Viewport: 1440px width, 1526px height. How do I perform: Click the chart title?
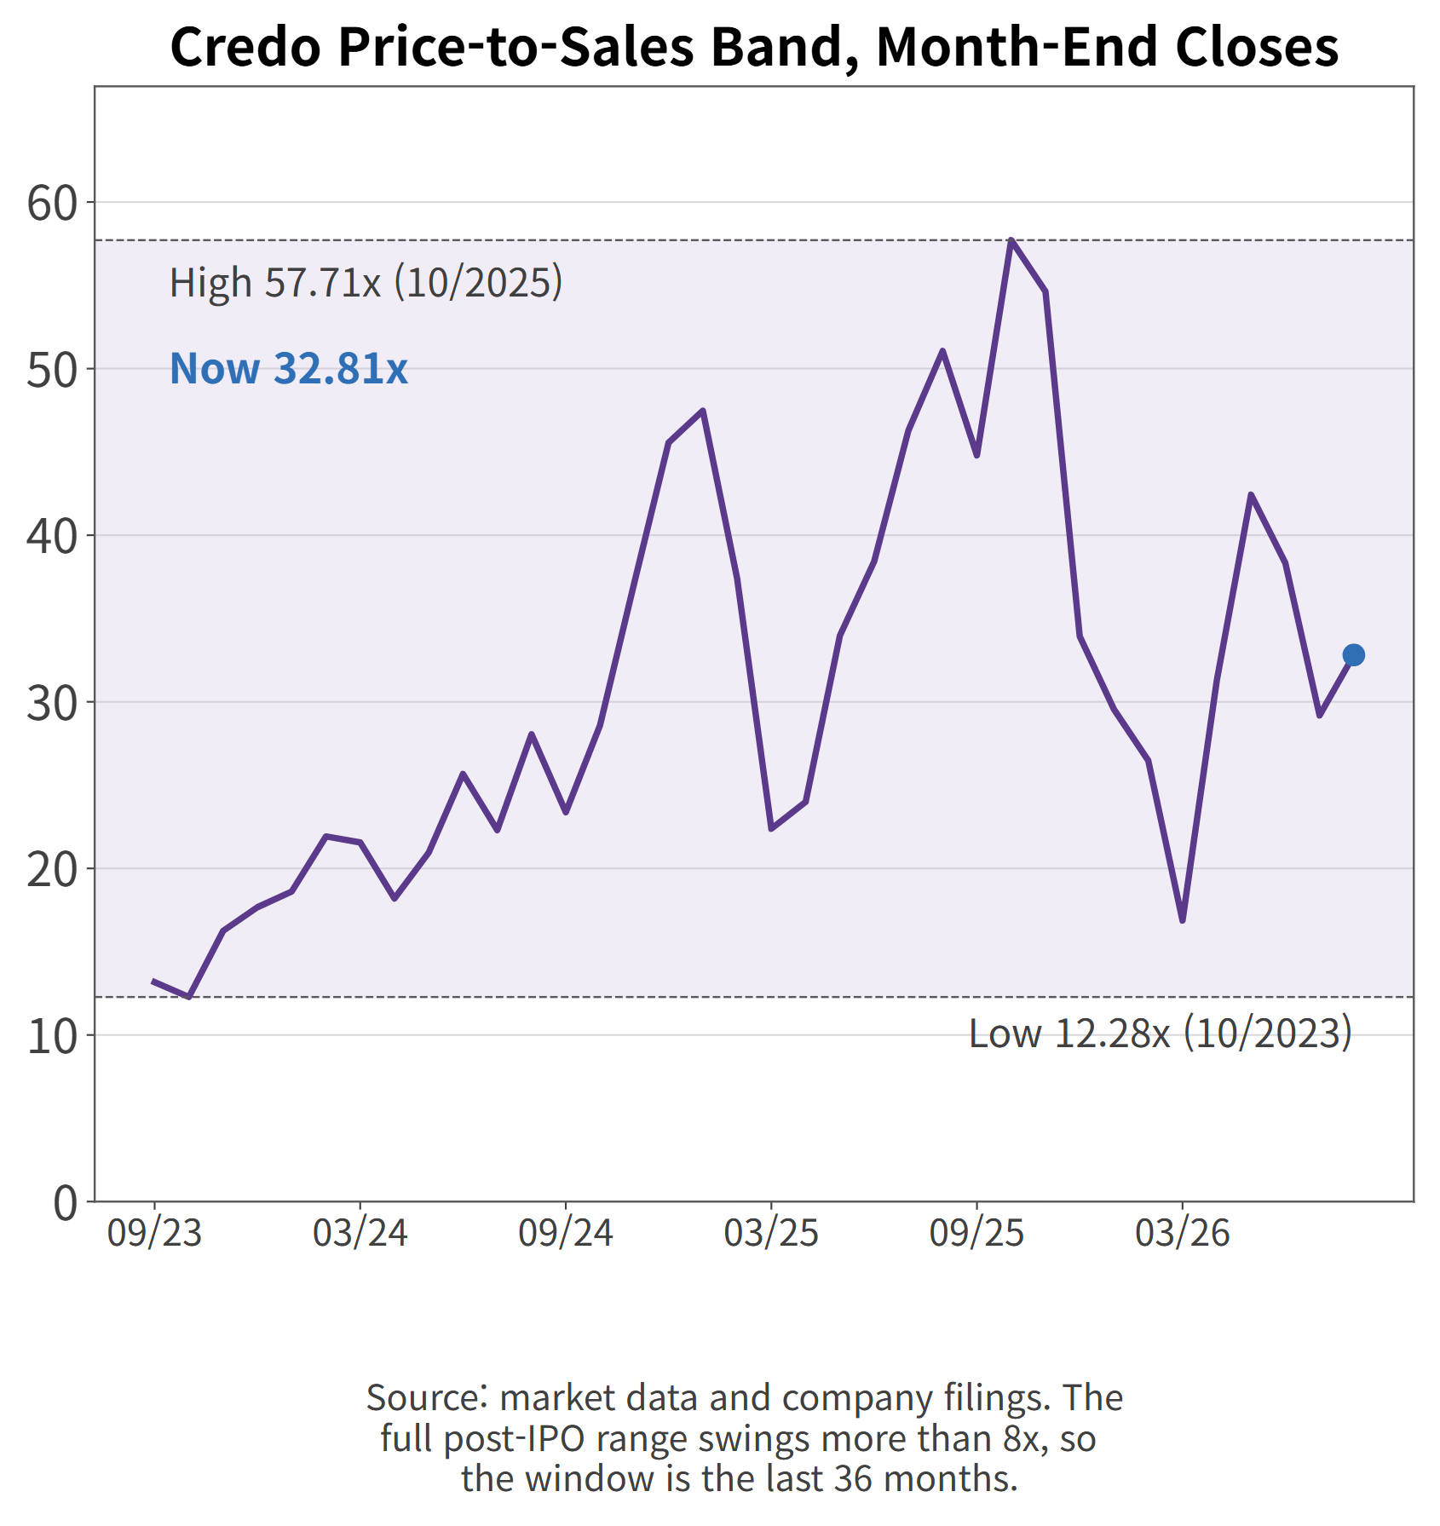tap(754, 46)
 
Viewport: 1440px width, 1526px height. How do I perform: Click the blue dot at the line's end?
tap(1353, 654)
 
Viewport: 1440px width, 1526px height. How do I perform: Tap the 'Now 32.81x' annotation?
tap(289, 368)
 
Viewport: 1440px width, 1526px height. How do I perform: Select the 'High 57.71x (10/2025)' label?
tap(366, 282)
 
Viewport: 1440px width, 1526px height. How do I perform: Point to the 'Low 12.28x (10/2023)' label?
tap(1161, 1033)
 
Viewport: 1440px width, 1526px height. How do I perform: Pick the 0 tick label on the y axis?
tap(66, 1203)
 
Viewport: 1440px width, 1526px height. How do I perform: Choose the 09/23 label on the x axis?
tap(154, 1233)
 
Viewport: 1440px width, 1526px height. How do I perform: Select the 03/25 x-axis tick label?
tap(771, 1233)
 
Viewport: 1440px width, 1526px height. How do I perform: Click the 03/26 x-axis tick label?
tap(1183, 1233)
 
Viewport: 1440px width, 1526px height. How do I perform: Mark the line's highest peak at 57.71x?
tap(1011, 240)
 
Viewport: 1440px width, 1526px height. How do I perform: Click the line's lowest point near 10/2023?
tap(188, 997)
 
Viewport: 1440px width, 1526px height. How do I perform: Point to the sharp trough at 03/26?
tap(1183, 921)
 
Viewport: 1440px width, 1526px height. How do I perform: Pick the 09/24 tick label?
tap(566, 1233)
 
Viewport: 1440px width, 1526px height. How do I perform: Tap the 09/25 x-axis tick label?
tap(976, 1233)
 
